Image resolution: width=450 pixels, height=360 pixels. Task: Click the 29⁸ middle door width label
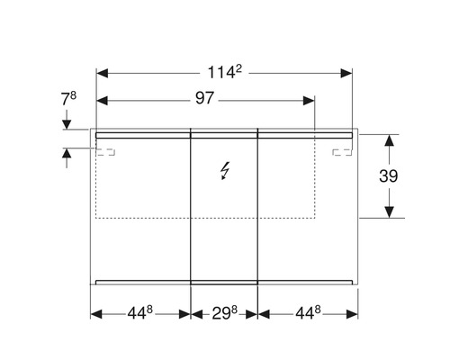(x=224, y=314)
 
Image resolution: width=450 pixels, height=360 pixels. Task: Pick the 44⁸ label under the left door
(x=139, y=314)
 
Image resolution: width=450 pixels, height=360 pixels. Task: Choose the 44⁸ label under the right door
(x=307, y=314)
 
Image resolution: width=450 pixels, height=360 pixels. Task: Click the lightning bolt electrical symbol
(x=224, y=172)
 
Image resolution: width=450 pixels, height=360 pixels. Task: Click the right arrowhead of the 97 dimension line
(x=310, y=99)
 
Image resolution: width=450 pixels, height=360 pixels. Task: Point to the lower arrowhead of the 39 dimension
(x=388, y=211)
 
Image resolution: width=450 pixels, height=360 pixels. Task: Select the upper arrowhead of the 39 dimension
(x=388, y=140)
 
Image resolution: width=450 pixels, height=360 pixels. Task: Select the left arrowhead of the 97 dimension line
(x=101, y=99)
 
